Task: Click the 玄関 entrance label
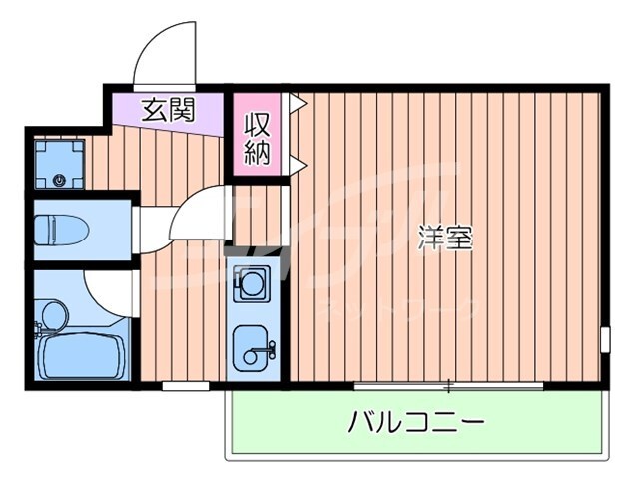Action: click(x=167, y=108)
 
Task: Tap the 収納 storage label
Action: click(x=257, y=139)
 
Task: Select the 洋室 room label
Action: click(x=445, y=238)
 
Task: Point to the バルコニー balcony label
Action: click(x=416, y=423)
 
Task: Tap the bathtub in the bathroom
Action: click(x=79, y=356)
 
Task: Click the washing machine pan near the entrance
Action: click(x=59, y=163)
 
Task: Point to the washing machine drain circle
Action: click(x=59, y=181)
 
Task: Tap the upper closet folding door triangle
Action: click(x=297, y=101)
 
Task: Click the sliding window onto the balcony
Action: click(x=449, y=385)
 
